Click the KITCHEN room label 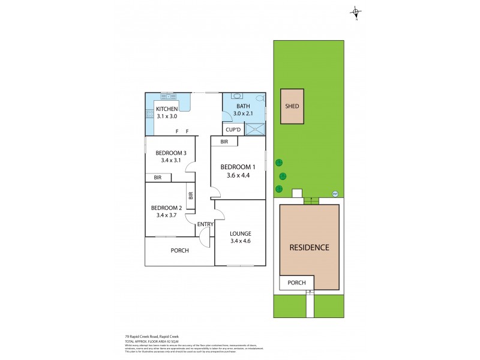click(x=167, y=109)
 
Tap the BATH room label click(x=237, y=106)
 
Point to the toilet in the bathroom click(x=259, y=98)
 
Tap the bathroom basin click(x=237, y=95)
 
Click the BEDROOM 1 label click(x=238, y=166)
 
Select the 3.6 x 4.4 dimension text click(x=238, y=175)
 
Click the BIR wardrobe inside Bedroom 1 click(x=224, y=142)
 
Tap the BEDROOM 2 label click(x=167, y=208)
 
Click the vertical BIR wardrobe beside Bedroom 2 click(x=191, y=196)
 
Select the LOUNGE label click(x=240, y=233)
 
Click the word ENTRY click(x=205, y=224)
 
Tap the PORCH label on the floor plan click(x=179, y=250)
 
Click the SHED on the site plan click(x=292, y=106)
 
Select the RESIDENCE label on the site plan click(x=309, y=247)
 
